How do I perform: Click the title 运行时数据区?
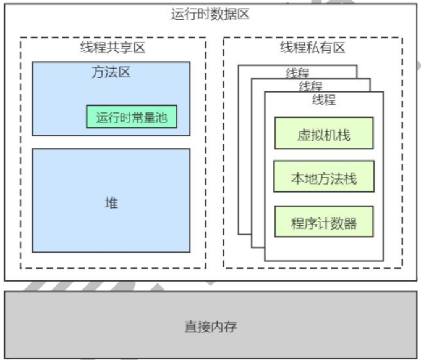(210, 14)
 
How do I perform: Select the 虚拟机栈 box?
(324, 134)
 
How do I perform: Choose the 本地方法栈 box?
(324, 178)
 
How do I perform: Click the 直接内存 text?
(210, 326)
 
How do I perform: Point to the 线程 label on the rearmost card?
(297, 73)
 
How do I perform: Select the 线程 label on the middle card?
(311, 86)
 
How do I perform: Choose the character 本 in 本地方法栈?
(298, 178)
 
